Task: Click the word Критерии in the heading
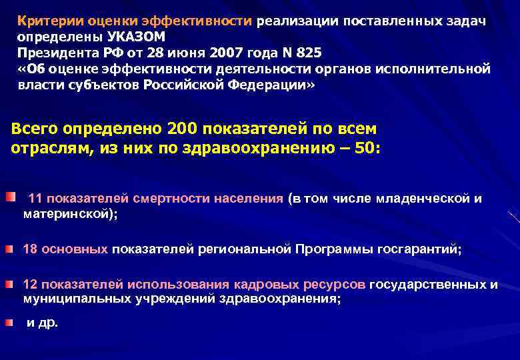44,21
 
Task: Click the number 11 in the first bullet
37,199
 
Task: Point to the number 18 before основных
30,249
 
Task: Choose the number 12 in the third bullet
30,285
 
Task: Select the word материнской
67,214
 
